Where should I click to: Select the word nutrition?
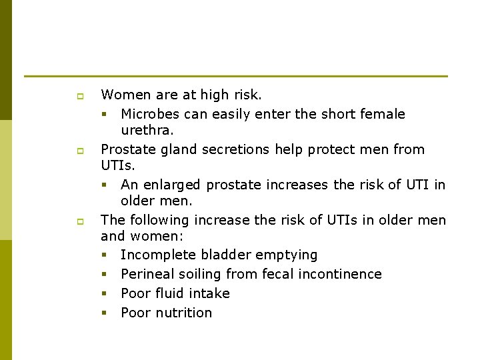(x=183, y=313)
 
